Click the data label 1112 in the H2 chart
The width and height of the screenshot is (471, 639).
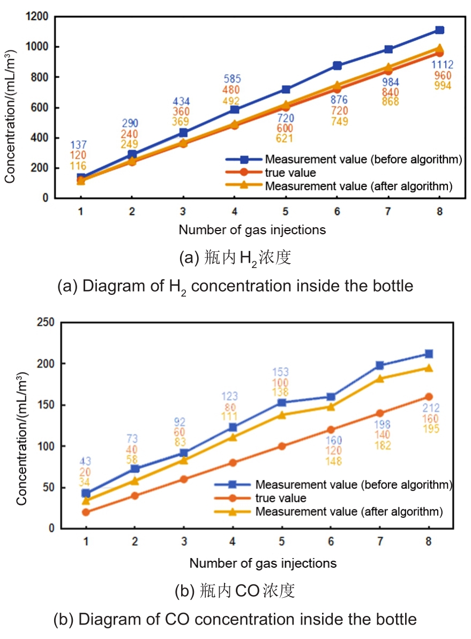pos(443,65)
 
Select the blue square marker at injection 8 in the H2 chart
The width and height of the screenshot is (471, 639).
pos(439,30)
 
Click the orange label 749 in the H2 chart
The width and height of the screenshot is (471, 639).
pos(339,121)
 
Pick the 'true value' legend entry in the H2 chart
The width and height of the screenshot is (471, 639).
pos(290,173)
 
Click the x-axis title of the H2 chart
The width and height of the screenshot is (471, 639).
pos(252,230)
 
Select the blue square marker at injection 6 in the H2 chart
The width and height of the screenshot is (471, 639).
pos(337,65)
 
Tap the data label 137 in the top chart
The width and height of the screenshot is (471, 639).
pos(79,145)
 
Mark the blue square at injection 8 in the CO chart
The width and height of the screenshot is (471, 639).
pos(429,354)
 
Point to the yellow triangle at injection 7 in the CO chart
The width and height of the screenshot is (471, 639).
pos(379,378)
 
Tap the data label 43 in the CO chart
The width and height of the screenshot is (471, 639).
pos(86,461)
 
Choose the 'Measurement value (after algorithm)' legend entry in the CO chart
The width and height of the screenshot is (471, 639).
pos(349,511)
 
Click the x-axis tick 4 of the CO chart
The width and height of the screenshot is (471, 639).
pos(233,541)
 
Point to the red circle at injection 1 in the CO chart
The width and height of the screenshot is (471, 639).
pos(86,512)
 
